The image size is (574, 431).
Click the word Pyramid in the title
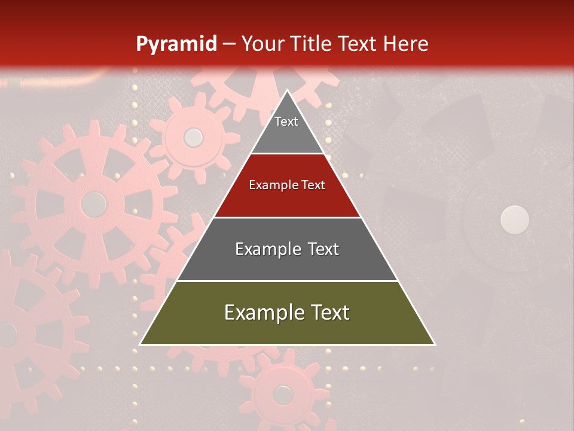(x=176, y=44)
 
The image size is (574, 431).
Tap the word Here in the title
(x=405, y=44)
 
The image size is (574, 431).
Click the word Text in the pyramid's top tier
(x=286, y=122)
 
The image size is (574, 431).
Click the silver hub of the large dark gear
(x=514, y=220)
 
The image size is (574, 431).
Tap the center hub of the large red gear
(x=94, y=205)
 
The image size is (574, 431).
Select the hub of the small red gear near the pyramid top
(x=193, y=138)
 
